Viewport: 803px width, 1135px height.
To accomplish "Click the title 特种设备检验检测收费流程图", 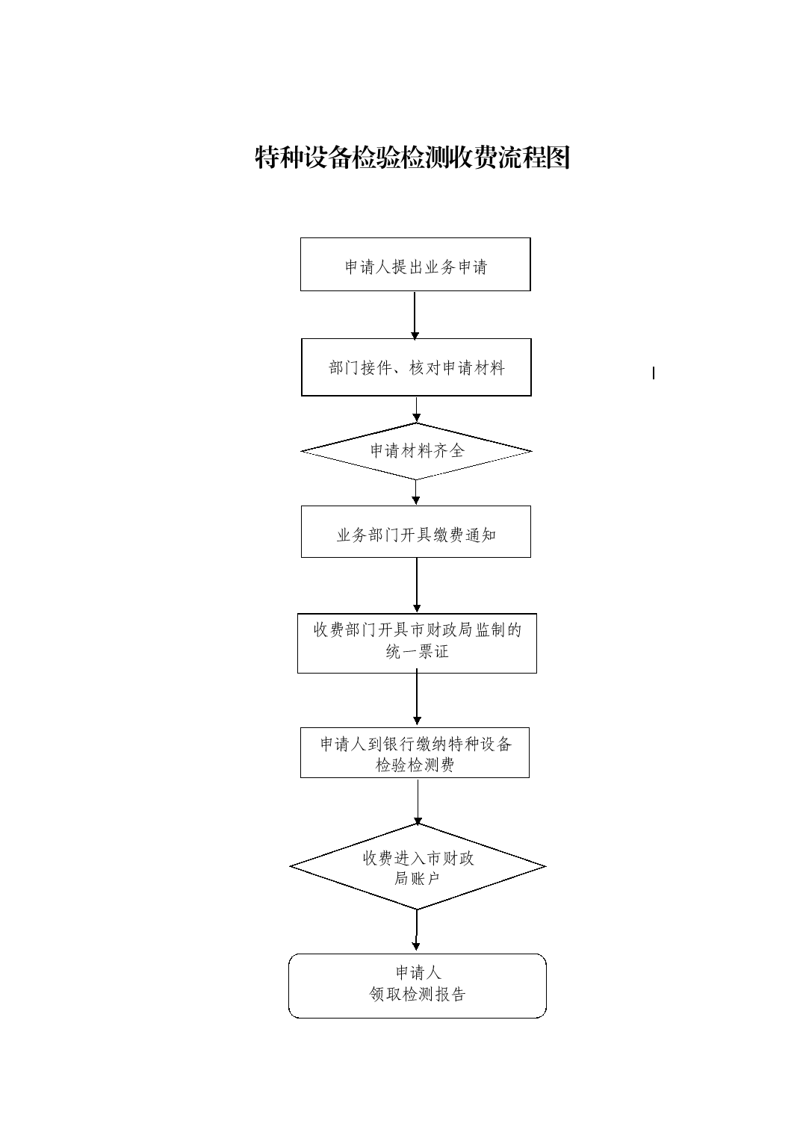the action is tap(412, 157).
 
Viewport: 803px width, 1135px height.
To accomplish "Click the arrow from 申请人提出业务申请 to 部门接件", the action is tap(415, 315).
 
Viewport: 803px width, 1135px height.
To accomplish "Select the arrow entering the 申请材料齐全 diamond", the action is tap(416, 409).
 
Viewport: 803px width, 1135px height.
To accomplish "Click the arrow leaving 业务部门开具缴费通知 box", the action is tap(417, 585).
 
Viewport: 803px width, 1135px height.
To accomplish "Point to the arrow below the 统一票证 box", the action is tap(418, 698).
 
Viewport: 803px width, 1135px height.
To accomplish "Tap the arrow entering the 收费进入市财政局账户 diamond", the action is tap(418, 802).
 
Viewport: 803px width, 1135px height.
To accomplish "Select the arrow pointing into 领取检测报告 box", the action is tap(417, 931).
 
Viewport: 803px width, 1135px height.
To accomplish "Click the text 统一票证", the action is tap(418, 652).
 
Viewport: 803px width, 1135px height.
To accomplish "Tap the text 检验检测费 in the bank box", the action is tap(415, 765).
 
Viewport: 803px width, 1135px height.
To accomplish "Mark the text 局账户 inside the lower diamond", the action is tap(417, 878).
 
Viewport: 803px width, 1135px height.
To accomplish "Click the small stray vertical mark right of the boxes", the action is tap(654, 373).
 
